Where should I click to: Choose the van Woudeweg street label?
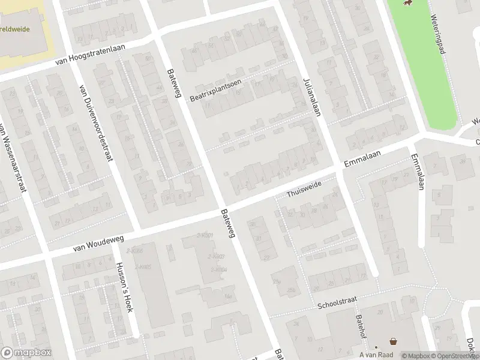coord(98,242)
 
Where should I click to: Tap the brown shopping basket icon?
coord(394,341)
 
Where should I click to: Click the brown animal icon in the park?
coord(409,4)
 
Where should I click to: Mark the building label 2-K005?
coord(142,266)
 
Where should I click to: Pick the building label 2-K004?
coord(218,269)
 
